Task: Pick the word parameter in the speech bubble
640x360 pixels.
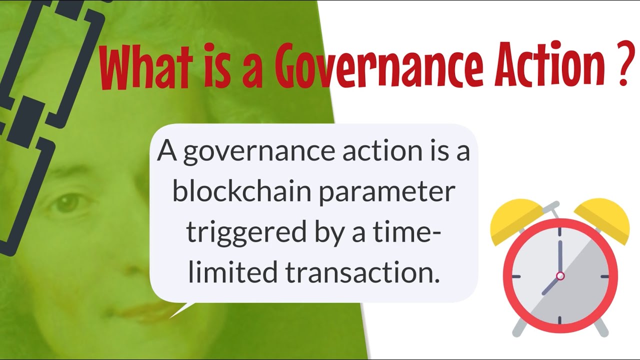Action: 387,193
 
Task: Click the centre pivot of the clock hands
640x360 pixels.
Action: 560,275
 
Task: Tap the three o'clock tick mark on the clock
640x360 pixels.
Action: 604,276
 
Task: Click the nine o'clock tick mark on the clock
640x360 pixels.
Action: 515,276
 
